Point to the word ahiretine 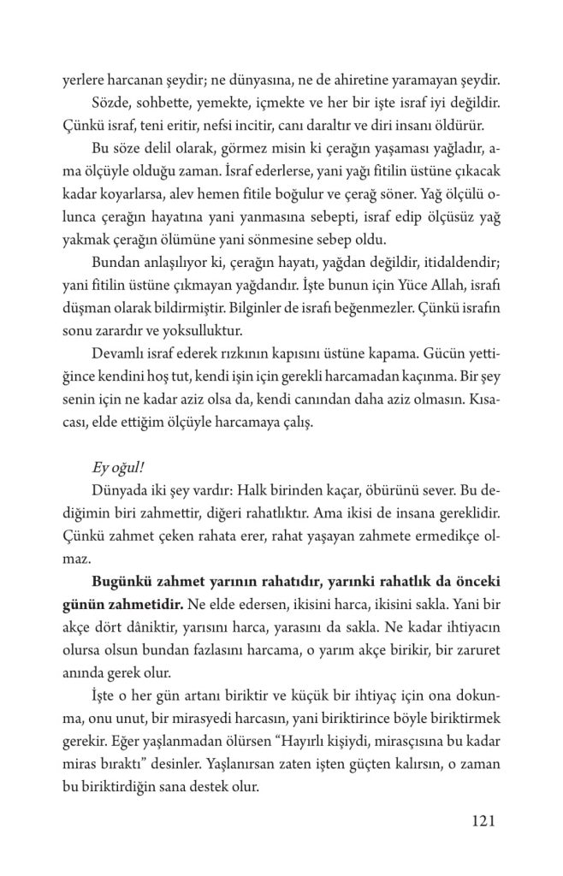click(335, 84)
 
